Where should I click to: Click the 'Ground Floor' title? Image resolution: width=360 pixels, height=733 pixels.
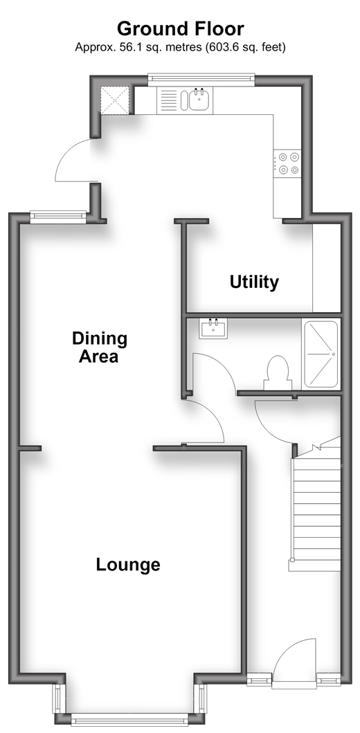pyautogui.click(x=180, y=29)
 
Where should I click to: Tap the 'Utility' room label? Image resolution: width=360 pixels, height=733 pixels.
pyautogui.click(x=254, y=282)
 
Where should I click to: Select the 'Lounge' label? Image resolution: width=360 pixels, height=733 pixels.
pyautogui.click(x=128, y=565)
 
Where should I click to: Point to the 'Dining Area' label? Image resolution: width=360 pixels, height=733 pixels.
pyautogui.click(x=100, y=347)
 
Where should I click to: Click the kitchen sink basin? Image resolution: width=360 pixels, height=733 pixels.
pyautogui.click(x=199, y=99)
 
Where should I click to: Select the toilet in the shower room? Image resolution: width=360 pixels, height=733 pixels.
pyautogui.click(x=278, y=372)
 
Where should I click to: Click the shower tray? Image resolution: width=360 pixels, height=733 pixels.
pyautogui.click(x=321, y=354)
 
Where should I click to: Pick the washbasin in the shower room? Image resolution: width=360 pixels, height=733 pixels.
pyautogui.click(x=213, y=328)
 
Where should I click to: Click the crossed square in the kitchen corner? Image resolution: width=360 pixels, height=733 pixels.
pyautogui.click(x=114, y=100)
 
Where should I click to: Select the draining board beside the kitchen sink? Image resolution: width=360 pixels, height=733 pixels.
pyautogui.click(x=168, y=100)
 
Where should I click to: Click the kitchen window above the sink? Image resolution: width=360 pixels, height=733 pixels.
pyautogui.click(x=201, y=80)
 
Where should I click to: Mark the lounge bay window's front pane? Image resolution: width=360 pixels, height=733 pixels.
pyautogui.click(x=129, y=719)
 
